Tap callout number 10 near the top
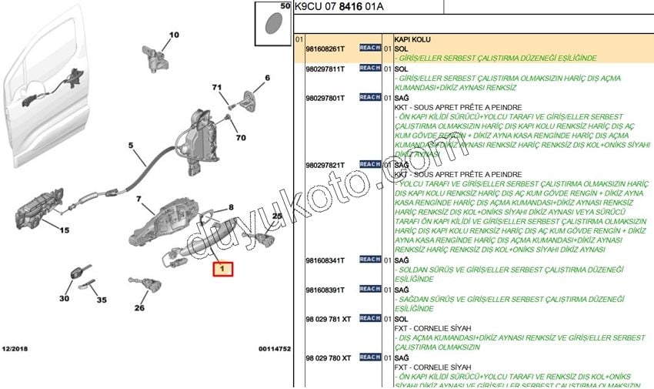tap(173, 35)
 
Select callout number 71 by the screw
tap(217, 87)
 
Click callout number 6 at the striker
tap(267, 78)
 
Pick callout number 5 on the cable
tap(131, 145)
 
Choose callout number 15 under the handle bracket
tap(65, 230)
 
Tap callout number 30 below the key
tap(64, 298)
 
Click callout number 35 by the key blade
tap(101, 300)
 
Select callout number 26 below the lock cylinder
tap(139, 308)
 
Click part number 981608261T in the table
tap(325, 48)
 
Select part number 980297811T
tap(325, 69)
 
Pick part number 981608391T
tap(325, 290)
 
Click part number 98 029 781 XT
tap(328, 318)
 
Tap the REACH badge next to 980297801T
tap(369, 98)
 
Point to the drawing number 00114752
tap(275, 349)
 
